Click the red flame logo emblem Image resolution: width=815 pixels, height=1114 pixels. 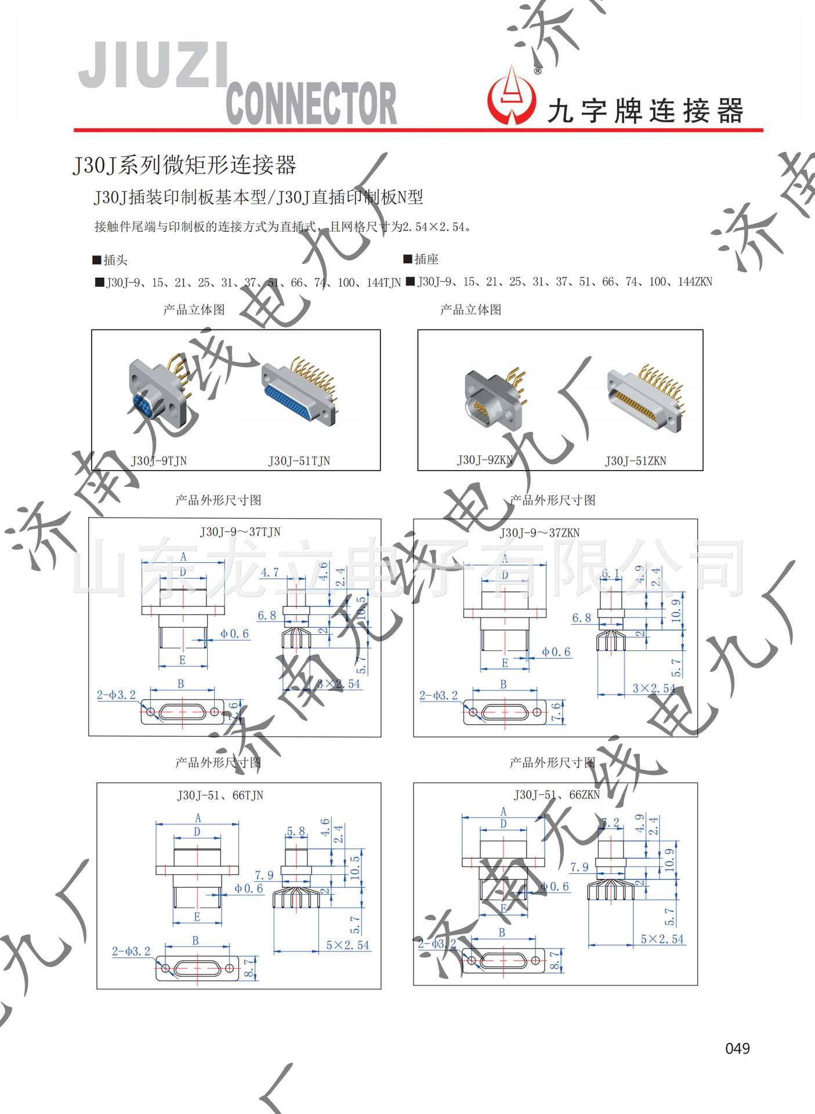(511, 97)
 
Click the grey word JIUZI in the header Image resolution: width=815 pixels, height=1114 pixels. (153, 65)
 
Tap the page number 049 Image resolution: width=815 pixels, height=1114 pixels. (737, 1048)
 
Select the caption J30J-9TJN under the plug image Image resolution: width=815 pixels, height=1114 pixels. (159, 461)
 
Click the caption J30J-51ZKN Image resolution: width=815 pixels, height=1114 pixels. (635, 461)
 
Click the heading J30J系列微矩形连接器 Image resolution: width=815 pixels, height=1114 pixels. (184, 165)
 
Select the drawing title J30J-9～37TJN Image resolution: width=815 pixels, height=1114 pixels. (240, 532)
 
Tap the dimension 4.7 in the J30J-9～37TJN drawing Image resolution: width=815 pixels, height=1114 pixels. (270, 573)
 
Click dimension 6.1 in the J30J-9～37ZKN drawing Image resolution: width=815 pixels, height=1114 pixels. (610, 574)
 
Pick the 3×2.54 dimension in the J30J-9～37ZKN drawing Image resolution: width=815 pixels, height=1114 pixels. (654, 688)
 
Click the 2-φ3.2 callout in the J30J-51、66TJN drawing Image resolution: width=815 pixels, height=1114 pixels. (131, 952)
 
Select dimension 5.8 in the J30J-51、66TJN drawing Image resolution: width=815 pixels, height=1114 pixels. (296, 831)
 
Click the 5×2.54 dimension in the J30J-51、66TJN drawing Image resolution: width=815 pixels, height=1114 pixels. (347, 945)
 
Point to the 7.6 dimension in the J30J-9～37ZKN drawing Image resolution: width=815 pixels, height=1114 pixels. (556, 712)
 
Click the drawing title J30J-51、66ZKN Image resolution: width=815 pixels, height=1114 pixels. (556, 795)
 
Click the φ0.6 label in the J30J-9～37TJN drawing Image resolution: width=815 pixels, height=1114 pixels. (234, 634)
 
